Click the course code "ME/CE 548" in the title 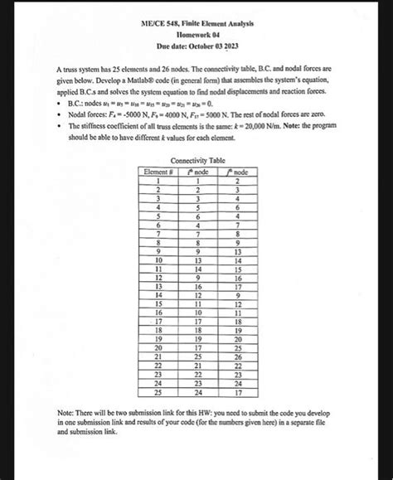(159, 27)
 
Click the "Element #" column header (156, 171)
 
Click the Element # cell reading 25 (156, 394)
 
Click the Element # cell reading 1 (156, 180)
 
